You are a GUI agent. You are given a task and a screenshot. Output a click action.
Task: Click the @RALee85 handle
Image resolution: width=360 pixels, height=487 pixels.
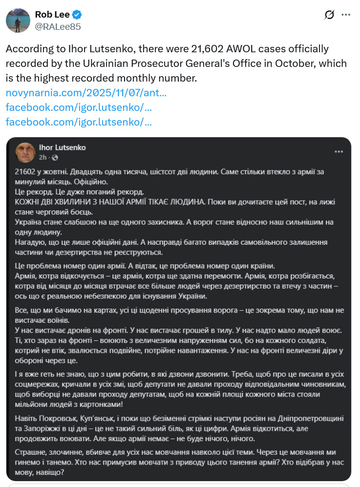point(58,27)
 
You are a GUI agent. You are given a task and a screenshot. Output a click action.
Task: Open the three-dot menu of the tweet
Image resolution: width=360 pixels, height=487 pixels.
point(346,15)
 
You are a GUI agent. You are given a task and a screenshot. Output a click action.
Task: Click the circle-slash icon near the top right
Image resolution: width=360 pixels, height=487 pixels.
point(329,15)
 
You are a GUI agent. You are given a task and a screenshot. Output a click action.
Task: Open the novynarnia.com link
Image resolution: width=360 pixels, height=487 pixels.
point(86,92)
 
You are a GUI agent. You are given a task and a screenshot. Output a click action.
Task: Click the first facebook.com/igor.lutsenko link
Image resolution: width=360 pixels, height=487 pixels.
point(79,107)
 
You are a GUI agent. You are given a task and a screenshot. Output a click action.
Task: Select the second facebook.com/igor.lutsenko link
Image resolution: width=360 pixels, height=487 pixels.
point(79,122)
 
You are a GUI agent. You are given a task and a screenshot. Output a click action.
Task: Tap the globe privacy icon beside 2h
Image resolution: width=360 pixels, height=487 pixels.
point(55,158)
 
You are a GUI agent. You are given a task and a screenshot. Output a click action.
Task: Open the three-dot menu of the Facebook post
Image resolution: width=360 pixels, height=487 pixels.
point(339,152)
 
